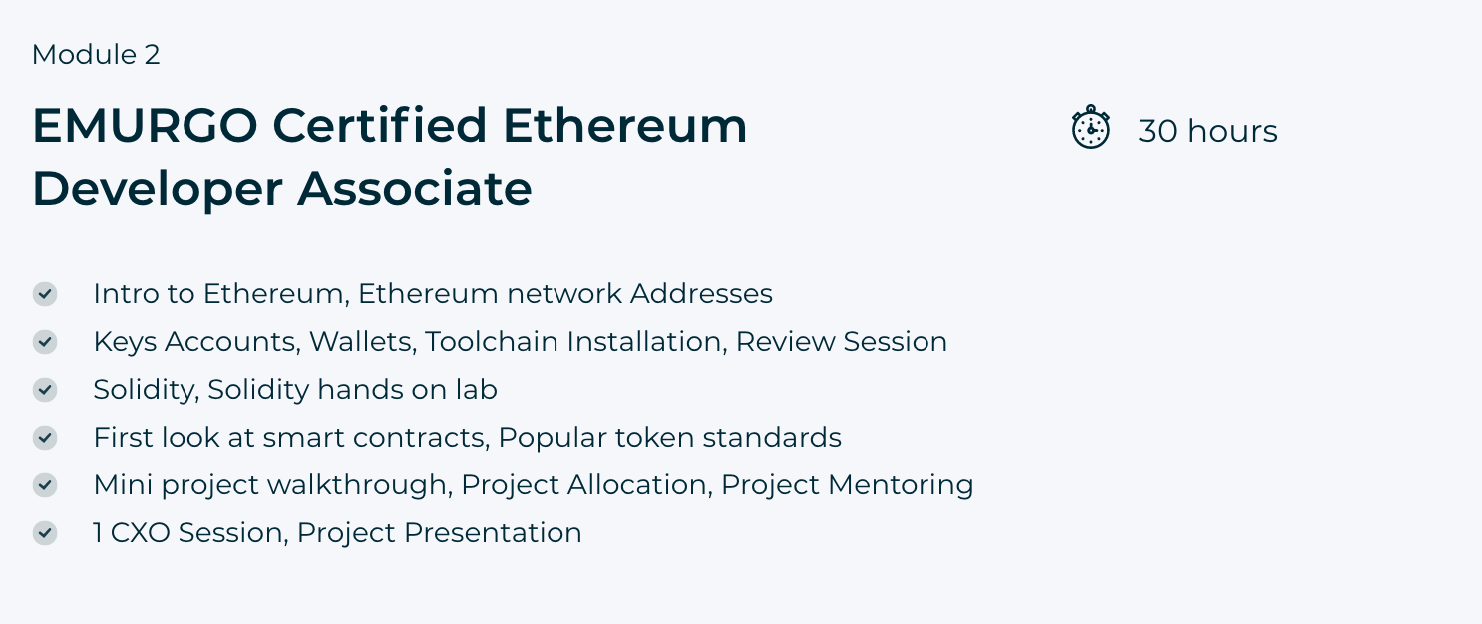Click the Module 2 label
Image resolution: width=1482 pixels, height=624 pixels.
coord(96,54)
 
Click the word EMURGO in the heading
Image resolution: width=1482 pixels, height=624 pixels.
coord(145,125)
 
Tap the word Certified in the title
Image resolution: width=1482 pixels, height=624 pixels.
coord(380,125)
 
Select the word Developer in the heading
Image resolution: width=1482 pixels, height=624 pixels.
coord(158,190)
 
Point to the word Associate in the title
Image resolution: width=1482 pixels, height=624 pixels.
coord(415,189)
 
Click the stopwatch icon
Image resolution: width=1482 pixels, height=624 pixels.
coord(1090,127)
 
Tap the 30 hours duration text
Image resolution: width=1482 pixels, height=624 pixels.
coord(1208,131)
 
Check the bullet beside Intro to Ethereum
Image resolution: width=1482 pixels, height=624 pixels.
coord(45,294)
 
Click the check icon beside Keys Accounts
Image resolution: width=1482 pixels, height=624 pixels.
coord(45,342)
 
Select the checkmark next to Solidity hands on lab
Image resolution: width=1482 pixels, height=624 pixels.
coord(45,390)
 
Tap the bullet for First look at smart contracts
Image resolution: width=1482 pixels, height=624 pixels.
coord(45,438)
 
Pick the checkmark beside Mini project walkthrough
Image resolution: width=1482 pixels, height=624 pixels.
coord(45,485)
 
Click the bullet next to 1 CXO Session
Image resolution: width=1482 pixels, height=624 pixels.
coord(45,532)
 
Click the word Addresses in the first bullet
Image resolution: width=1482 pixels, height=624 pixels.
coord(701,293)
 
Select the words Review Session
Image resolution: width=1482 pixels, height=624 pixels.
coord(842,342)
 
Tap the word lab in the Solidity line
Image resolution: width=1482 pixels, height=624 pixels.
coord(476,390)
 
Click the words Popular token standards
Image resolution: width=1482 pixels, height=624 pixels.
coord(669,438)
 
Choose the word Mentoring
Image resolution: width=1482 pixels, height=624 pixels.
coord(901,485)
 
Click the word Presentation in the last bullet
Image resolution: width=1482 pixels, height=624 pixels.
coord(493,532)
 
